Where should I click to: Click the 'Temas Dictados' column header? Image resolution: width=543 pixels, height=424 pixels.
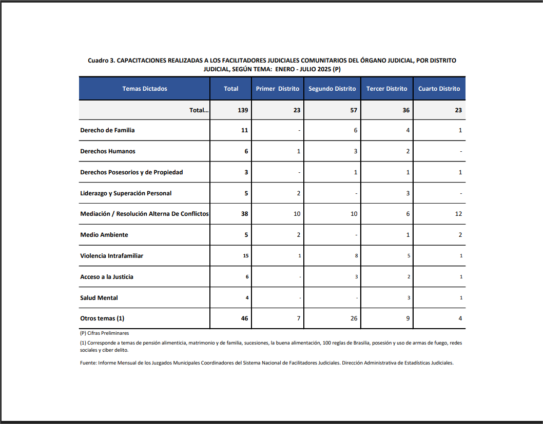[x=145, y=89]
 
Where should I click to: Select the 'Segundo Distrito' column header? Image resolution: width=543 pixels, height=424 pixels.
[x=332, y=89]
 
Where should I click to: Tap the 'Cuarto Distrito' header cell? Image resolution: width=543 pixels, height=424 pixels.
[x=439, y=89]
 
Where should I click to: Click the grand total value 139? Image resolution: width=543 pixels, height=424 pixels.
[x=243, y=110]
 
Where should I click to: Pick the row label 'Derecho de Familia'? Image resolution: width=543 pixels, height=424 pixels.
[x=108, y=130]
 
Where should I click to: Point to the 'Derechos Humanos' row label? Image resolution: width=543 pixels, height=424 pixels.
[x=108, y=151]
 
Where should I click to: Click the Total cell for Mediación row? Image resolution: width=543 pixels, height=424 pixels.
[x=244, y=214]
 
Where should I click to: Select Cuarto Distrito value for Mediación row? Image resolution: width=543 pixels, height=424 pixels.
[x=458, y=214]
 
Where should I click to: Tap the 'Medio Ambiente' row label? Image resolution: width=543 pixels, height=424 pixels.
[x=104, y=235]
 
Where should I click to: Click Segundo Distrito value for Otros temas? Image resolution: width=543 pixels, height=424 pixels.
[x=354, y=318]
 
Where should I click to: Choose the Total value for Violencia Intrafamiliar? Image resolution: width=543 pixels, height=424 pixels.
[x=245, y=256]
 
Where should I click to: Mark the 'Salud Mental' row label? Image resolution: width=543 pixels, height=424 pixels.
[x=99, y=298]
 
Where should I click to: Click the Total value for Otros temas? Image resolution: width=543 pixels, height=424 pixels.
[x=244, y=318]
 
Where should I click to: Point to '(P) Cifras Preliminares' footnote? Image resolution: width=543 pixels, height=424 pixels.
[x=105, y=333]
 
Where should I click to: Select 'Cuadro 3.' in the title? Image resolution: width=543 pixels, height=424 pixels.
[x=101, y=60]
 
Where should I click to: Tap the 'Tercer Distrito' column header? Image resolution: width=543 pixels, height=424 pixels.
[x=386, y=89]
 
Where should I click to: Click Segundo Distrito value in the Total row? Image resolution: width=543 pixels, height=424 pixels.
[x=354, y=110]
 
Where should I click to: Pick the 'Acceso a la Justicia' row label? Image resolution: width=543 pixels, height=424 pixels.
[x=107, y=277]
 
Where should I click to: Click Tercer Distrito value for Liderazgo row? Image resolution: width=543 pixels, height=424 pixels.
[x=408, y=193]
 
